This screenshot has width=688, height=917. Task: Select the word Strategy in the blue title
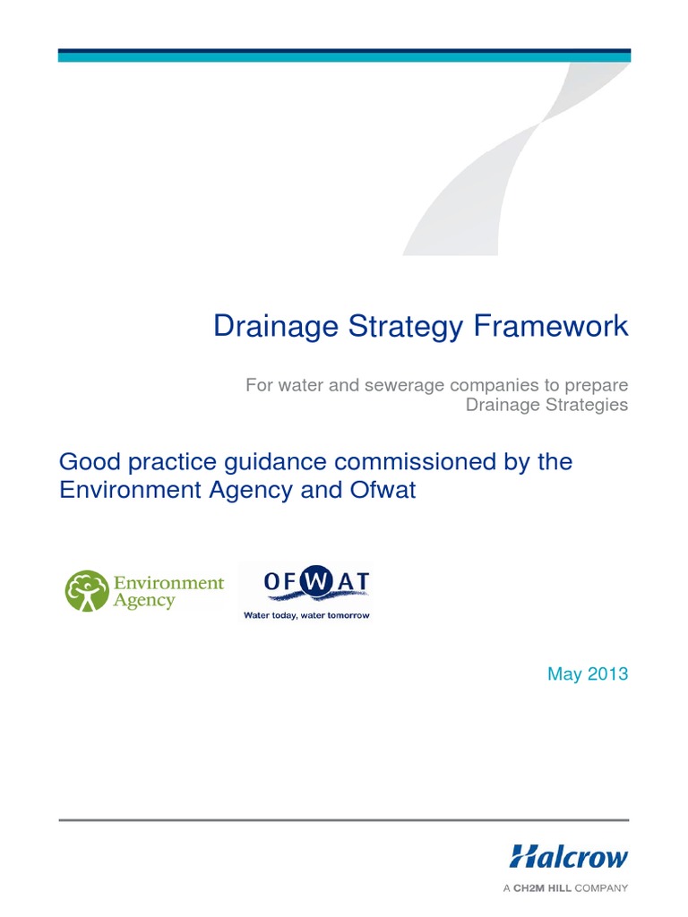coord(417,327)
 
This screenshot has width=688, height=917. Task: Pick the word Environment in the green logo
coord(168,583)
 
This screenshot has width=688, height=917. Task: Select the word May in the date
coord(564,674)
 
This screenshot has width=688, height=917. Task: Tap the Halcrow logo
coord(569,856)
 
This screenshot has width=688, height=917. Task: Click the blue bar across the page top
coord(344,56)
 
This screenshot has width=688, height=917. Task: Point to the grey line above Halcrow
coord(344,819)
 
